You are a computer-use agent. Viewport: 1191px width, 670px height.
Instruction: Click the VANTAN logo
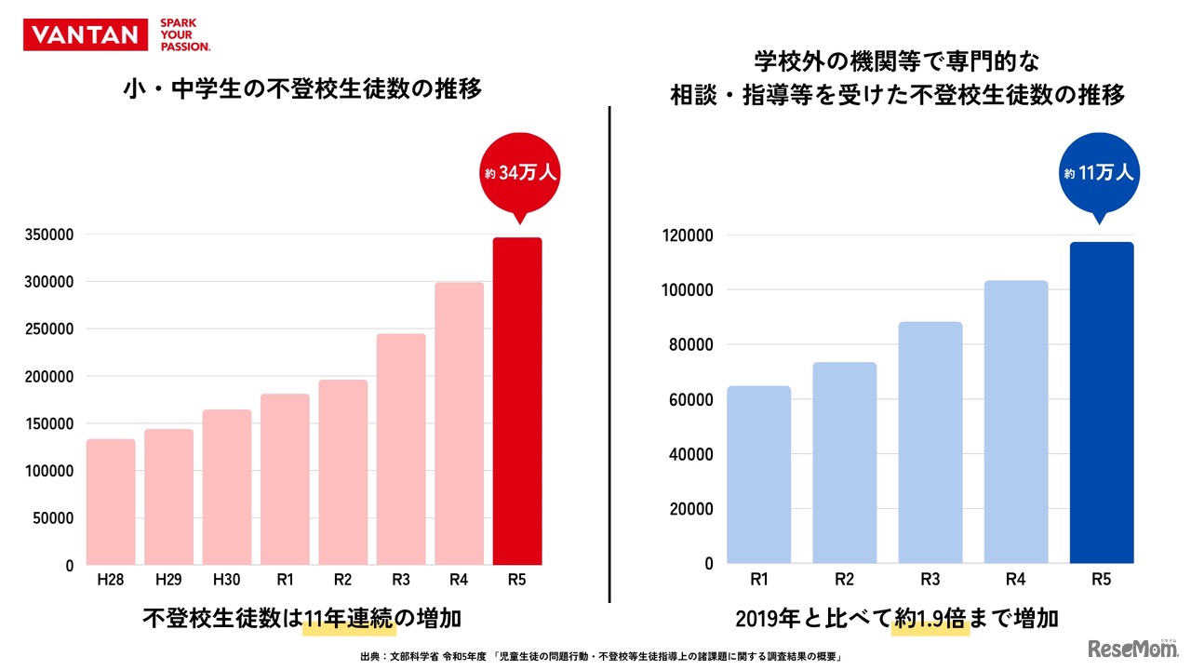point(86,35)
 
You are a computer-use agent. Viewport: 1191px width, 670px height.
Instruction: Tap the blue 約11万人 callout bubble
point(1101,172)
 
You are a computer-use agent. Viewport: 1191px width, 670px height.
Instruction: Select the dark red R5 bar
point(517,401)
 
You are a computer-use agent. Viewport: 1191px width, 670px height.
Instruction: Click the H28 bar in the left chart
point(111,502)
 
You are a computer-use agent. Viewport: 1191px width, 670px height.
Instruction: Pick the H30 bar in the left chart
point(227,487)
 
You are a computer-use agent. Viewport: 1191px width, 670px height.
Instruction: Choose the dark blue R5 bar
point(1102,403)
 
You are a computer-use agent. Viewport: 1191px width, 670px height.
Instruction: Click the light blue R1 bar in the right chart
point(759,475)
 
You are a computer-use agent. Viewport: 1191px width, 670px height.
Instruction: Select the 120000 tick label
point(689,235)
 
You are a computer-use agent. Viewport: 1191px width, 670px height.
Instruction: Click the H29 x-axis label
point(168,580)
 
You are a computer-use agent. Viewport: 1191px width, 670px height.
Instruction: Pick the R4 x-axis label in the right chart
point(1016,579)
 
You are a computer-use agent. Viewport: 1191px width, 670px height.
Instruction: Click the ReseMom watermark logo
point(1133,647)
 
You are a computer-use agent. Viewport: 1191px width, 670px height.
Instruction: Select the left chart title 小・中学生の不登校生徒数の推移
point(302,90)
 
